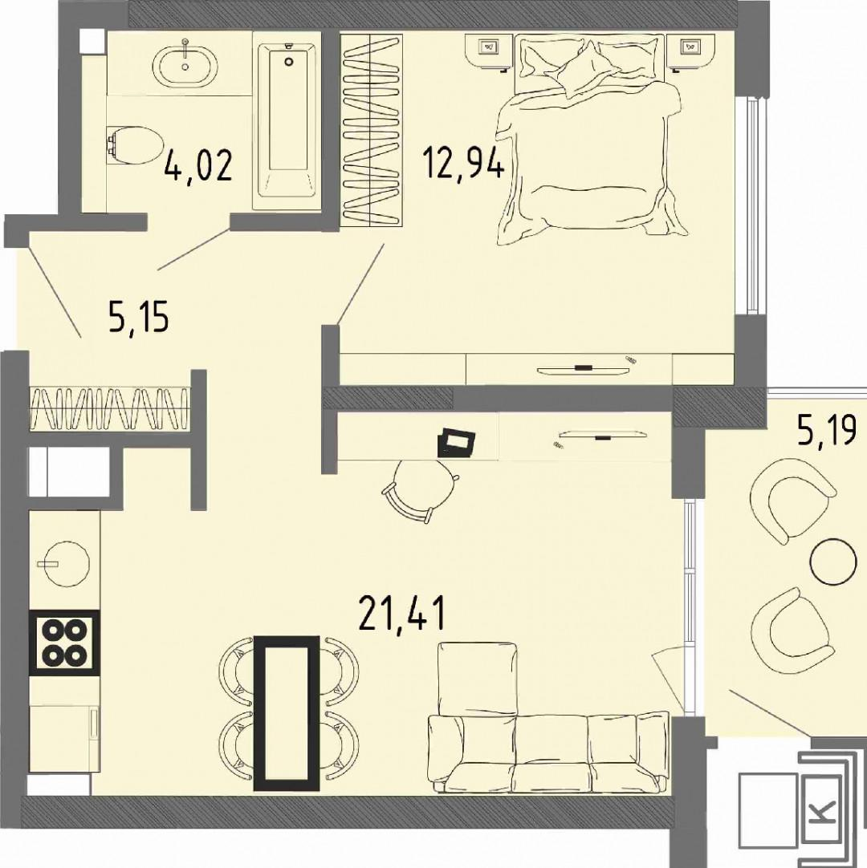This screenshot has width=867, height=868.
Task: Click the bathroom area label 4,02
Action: (197, 164)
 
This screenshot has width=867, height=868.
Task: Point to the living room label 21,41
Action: (401, 613)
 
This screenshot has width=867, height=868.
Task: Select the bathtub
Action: (287, 120)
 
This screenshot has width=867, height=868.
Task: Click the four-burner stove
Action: (64, 642)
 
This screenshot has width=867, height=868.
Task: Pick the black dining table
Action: (287, 713)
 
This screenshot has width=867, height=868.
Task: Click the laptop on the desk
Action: (456, 442)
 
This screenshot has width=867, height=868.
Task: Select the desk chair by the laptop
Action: (420, 489)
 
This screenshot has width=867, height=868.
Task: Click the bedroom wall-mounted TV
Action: (582, 367)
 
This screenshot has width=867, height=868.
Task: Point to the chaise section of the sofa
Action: (478, 678)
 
